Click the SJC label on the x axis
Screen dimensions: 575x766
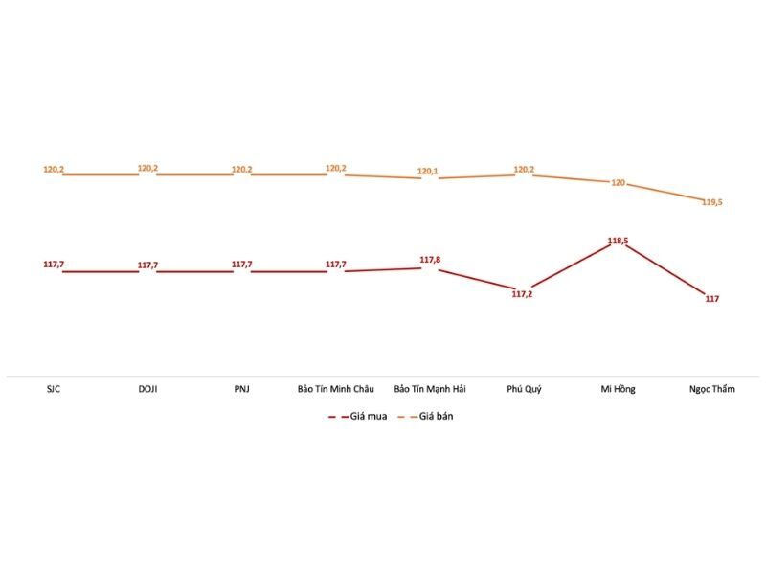tap(54, 389)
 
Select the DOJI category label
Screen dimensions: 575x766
tap(147, 389)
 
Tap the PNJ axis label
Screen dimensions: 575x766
tap(241, 389)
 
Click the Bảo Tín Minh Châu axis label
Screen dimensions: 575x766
tap(335, 389)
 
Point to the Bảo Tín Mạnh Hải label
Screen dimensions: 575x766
tap(430, 389)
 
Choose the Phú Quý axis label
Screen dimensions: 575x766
tap(524, 389)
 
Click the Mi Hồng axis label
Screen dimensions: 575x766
tap(618, 389)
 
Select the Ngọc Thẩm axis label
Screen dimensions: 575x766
tap(712, 389)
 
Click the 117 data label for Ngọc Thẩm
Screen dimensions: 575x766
tap(711, 299)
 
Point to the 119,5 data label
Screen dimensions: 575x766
tap(711, 202)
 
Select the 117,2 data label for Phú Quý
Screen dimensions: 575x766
tap(523, 294)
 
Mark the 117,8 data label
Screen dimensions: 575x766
tap(430, 259)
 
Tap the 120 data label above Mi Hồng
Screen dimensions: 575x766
tap(619, 182)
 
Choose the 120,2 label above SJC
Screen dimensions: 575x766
tap(54, 170)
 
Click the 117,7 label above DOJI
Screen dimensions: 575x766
tap(147, 264)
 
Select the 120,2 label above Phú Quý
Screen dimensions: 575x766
tap(524, 170)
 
